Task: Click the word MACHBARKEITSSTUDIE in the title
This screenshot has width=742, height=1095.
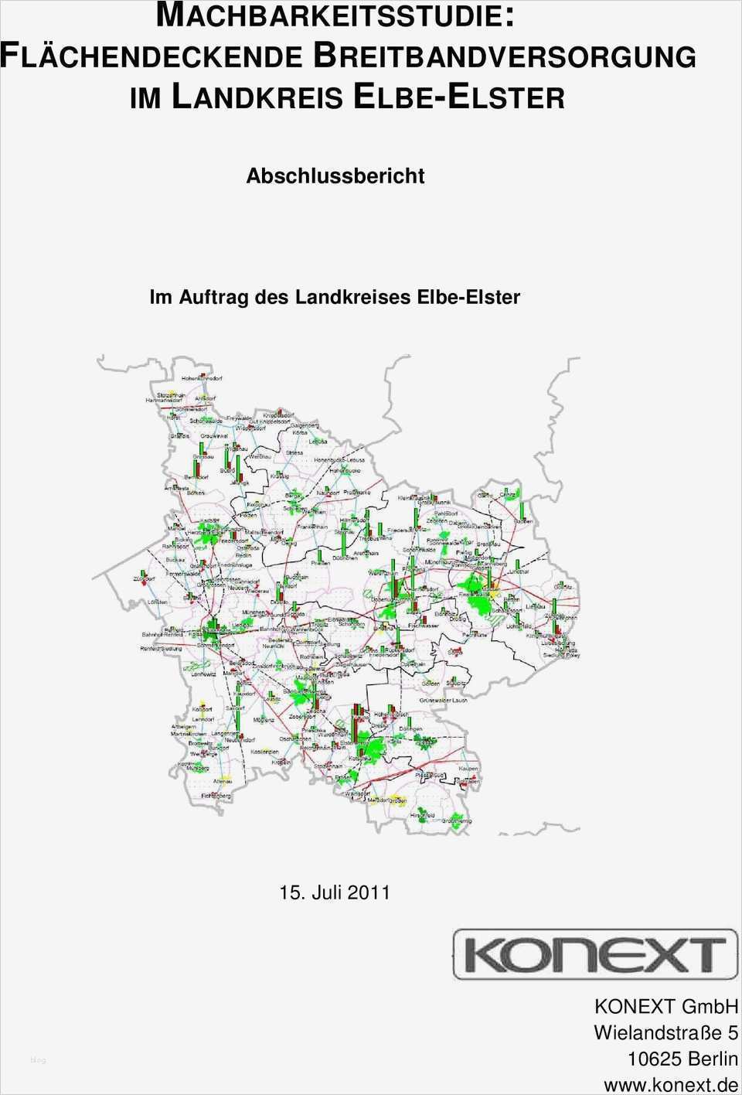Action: tap(335, 15)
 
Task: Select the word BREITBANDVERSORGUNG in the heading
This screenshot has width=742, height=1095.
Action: tap(505, 56)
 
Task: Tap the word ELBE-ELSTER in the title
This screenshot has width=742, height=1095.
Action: tap(458, 97)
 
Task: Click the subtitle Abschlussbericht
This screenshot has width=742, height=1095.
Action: tap(335, 176)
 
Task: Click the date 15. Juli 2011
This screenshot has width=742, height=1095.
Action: tap(335, 892)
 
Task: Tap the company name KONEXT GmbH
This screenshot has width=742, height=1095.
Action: tap(665, 1006)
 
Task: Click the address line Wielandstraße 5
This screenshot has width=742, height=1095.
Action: tap(665, 1032)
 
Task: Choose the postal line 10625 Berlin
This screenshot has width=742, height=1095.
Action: tap(682, 1059)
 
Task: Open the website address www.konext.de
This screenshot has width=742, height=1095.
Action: tap(670, 1085)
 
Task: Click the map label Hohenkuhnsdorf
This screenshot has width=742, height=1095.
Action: tap(202, 379)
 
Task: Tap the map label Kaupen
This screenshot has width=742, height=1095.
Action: tap(468, 768)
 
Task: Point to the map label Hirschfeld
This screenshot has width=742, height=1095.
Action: tap(422, 815)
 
